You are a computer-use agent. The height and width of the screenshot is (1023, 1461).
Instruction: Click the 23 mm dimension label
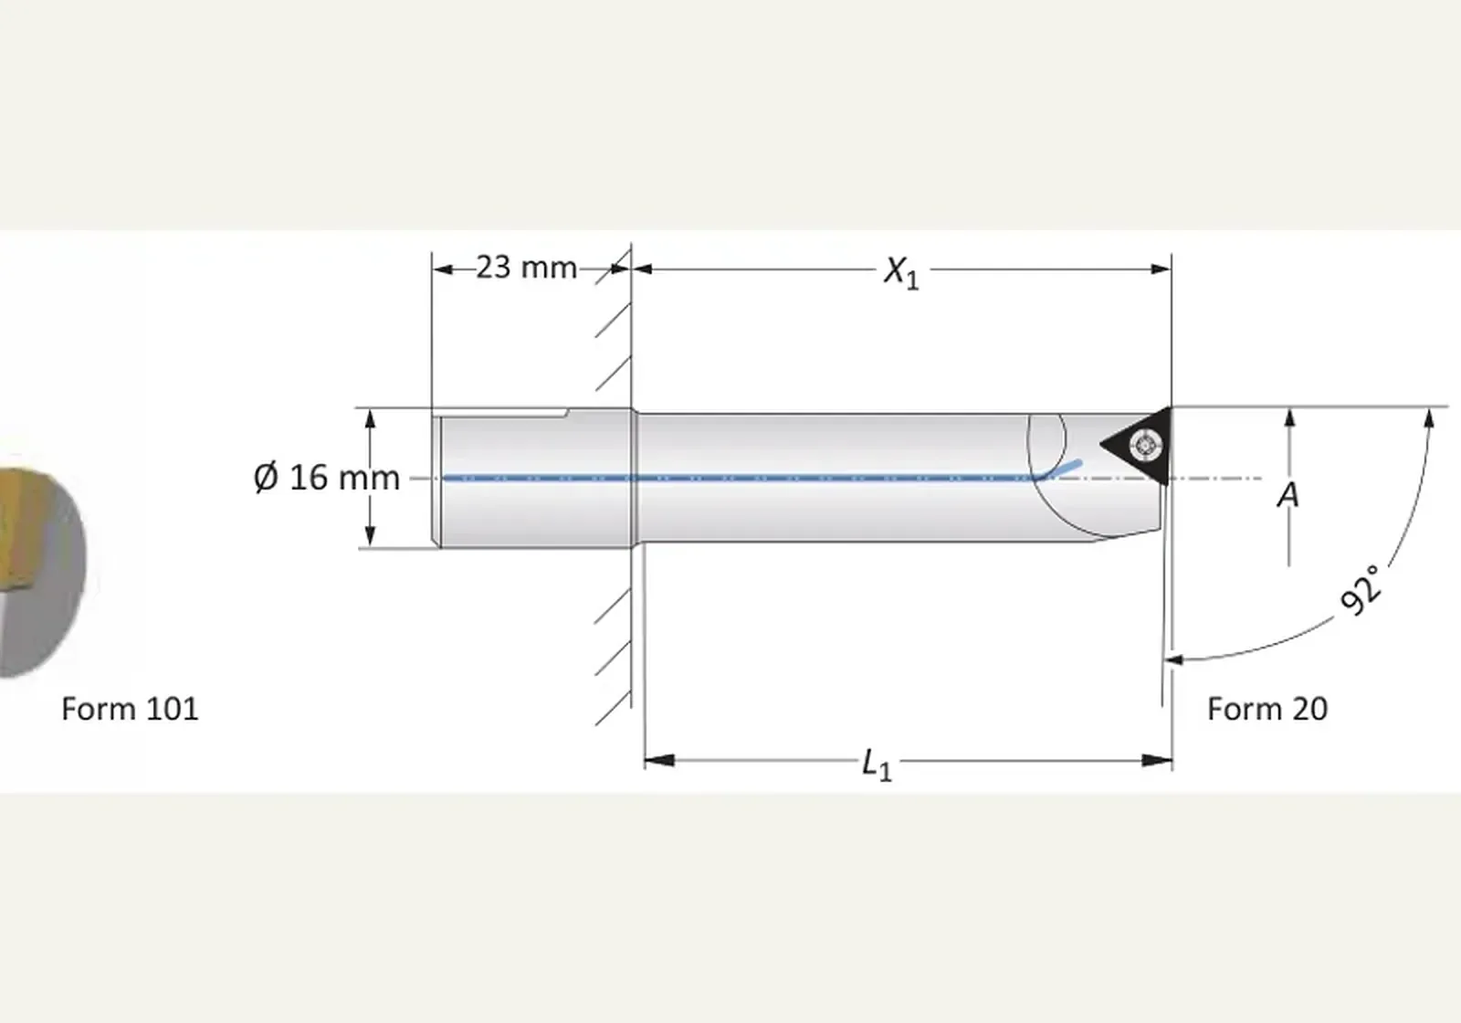coord(526,268)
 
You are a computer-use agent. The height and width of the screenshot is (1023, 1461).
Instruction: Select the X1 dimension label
coord(901,272)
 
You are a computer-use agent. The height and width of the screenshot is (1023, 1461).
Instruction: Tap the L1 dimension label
coord(876,765)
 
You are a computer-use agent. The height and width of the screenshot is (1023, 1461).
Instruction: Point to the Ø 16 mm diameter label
coord(326,477)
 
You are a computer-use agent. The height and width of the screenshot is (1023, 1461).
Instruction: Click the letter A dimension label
coord(1288,495)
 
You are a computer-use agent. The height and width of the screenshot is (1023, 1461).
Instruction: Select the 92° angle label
coord(1361,590)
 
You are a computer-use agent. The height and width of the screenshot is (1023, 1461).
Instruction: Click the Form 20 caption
coord(1267,709)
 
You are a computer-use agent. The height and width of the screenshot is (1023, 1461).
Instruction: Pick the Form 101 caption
coord(130,709)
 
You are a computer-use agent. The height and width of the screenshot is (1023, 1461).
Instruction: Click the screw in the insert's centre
coord(1142,446)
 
